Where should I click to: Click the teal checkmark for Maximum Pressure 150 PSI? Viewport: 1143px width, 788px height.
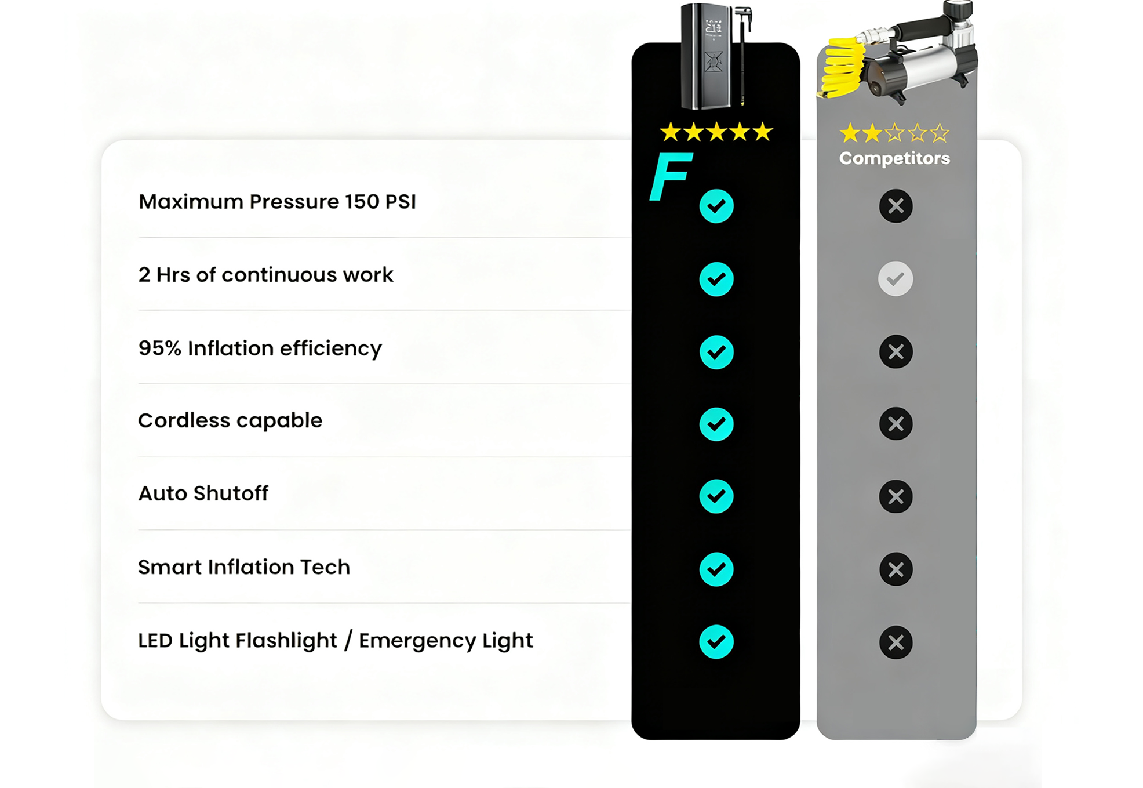[716, 206]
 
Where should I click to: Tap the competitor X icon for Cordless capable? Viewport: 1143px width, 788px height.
[896, 424]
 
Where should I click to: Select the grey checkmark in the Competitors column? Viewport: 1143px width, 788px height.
[896, 279]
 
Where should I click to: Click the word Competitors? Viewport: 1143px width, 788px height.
[894, 158]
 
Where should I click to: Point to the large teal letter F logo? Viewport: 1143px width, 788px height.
[670, 176]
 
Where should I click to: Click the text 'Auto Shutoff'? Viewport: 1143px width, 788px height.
[203, 493]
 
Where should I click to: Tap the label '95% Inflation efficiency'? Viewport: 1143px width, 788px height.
[260, 348]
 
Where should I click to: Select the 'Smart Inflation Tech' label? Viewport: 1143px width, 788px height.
[244, 567]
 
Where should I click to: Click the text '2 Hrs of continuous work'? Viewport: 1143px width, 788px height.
[266, 274]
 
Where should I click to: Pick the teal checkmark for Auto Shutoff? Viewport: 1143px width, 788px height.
[716, 496]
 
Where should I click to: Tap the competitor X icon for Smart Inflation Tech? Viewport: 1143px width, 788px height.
[896, 569]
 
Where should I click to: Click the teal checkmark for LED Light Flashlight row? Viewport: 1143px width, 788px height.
[716, 642]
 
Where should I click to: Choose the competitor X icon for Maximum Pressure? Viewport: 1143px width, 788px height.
[896, 206]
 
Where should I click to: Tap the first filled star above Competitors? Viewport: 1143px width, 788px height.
[850, 133]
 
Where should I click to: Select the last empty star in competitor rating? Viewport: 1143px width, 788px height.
[940, 133]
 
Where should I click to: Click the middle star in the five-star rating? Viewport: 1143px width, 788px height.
[716, 132]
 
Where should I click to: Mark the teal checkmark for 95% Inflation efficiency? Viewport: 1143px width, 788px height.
[716, 352]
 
